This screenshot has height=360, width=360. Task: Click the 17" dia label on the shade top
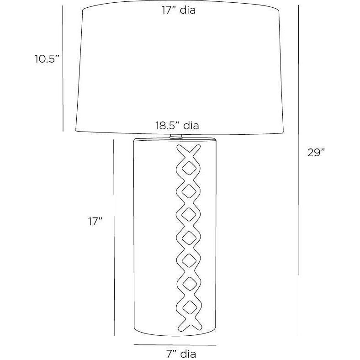point(178,11)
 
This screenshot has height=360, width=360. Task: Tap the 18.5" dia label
point(177,126)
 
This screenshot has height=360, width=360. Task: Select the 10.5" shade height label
point(47,59)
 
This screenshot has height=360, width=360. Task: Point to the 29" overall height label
point(316,153)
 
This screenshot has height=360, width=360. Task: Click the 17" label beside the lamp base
point(95,222)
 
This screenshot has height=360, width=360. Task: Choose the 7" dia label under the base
point(181,354)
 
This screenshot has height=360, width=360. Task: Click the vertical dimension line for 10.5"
point(63,69)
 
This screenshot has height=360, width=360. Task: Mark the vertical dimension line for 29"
point(299,170)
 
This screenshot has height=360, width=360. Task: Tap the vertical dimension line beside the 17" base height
point(114,238)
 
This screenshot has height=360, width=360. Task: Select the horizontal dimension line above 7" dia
point(175,345)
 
